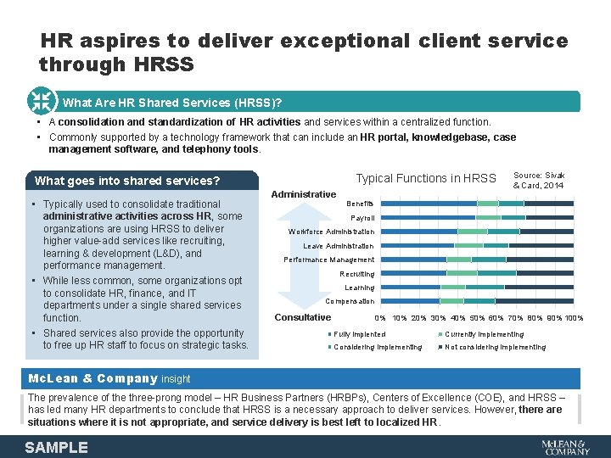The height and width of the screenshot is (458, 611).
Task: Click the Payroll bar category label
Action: [362, 218]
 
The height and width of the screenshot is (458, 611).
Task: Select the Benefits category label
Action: [360, 204]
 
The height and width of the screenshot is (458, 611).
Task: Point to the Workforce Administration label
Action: [331, 232]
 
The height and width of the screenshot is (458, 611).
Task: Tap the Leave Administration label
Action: [339, 246]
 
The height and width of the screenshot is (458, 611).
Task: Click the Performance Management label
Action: [328, 260]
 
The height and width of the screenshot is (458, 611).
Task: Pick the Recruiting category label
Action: [356, 274]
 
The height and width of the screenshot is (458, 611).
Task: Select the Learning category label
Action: [359, 288]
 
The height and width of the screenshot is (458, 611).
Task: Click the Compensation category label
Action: [350, 301]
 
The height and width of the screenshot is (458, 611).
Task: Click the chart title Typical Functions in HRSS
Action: [425, 178]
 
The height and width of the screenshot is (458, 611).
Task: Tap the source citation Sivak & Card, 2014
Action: [539, 180]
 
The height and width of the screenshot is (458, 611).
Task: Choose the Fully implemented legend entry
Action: [359, 334]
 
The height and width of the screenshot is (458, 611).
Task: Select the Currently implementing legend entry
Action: [484, 334]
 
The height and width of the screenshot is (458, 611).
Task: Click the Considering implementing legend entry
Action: [377, 347]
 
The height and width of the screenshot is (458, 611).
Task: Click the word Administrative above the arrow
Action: [303, 194]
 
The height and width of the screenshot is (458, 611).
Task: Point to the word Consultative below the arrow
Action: [303, 317]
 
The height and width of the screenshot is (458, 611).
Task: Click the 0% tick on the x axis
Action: [379, 318]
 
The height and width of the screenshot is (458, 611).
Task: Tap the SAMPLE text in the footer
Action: [56, 447]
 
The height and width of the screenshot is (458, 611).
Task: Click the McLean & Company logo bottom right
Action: [564, 446]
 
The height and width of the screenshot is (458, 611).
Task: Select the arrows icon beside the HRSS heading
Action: [41, 101]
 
